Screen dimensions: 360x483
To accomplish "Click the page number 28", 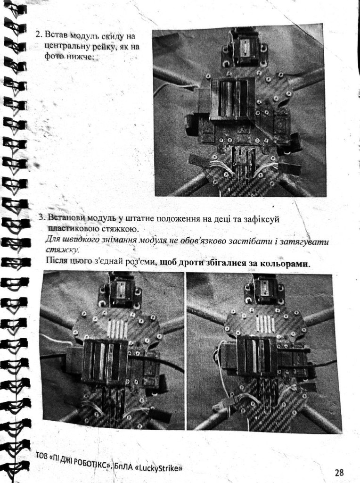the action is [x=339, y=472].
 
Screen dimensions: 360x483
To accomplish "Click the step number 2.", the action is [x=39, y=34].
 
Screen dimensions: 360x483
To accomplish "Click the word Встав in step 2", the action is [x=56, y=34].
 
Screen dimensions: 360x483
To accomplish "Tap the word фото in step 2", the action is [x=54, y=57].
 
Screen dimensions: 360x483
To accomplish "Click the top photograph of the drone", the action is [x=239, y=113].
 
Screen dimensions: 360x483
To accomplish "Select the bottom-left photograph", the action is [x=113, y=350].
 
